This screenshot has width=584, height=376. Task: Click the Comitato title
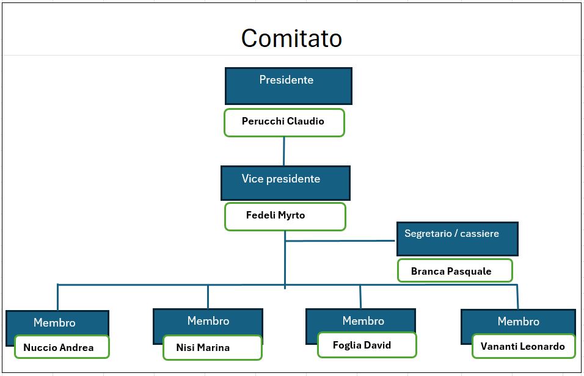[291, 38]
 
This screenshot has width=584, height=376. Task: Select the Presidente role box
[288, 85]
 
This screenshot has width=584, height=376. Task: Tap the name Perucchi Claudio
[283, 121]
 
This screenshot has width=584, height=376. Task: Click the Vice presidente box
[285, 183]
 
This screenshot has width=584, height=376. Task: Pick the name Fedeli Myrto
[276, 215]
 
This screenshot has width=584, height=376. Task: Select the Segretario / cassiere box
[457, 238]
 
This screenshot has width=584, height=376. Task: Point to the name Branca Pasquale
[451, 271]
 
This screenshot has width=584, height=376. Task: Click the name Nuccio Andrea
[59, 347]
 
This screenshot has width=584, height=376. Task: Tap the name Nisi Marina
[203, 347]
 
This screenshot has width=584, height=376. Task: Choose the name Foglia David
[362, 345]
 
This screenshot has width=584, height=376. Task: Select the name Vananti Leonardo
[522, 346]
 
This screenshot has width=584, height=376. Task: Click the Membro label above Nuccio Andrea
[54, 322]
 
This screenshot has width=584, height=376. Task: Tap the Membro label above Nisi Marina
[208, 320]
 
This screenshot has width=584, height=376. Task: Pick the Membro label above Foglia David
[363, 320]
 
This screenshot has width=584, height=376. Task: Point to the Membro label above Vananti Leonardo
[519, 321]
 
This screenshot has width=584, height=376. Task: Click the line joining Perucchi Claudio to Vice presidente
[284, 151]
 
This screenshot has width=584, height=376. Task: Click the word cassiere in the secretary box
[478, 233]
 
